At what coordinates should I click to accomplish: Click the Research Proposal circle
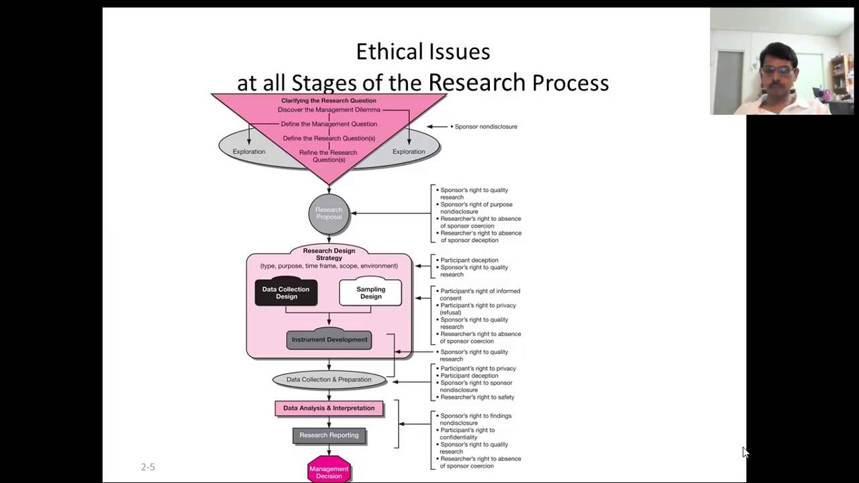pos(329,213)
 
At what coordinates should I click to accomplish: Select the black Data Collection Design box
pos(286,293)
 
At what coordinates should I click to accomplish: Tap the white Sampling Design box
pos(370,293)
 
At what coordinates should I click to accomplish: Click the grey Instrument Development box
pos(329,340)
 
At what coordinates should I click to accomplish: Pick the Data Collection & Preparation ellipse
pos(329,380)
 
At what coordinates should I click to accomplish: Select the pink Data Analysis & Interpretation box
pos(329,408)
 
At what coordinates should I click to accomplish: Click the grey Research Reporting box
pos(329,435)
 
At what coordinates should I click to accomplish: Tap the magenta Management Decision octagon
pos(329,471)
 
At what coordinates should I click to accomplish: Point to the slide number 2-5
pos(148,467)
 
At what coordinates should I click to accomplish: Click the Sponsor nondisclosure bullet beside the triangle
pos(485,127)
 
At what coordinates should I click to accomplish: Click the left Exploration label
pos(249,152)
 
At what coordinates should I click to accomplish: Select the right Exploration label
pos(409,152)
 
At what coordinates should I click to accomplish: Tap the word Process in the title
pos(570,83)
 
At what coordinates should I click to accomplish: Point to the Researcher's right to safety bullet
pos(476,397)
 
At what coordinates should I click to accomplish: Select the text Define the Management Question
pos(329,124)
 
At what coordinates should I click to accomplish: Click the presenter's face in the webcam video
pos(779,70)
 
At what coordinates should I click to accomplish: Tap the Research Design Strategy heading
pos(329,254)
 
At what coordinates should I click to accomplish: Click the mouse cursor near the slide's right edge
pos(745,451)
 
